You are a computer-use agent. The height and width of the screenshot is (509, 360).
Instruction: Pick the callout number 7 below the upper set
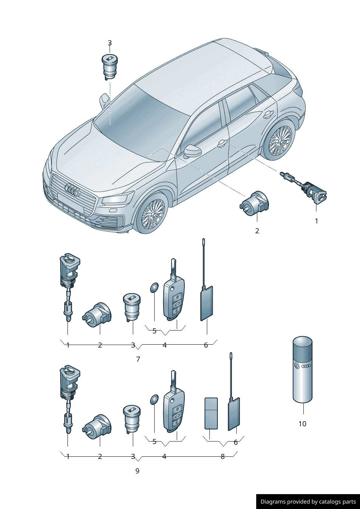click(138, 359)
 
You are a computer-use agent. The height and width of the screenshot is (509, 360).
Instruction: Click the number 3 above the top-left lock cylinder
click(110, 43)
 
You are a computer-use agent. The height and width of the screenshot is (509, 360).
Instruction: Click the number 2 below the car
click(257, 231)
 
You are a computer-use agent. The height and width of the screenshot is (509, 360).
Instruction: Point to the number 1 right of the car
click(316, 221)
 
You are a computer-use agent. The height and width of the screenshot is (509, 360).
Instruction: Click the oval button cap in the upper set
click(154, 288)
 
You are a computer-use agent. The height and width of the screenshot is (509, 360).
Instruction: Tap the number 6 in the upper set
click(206, 345)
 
